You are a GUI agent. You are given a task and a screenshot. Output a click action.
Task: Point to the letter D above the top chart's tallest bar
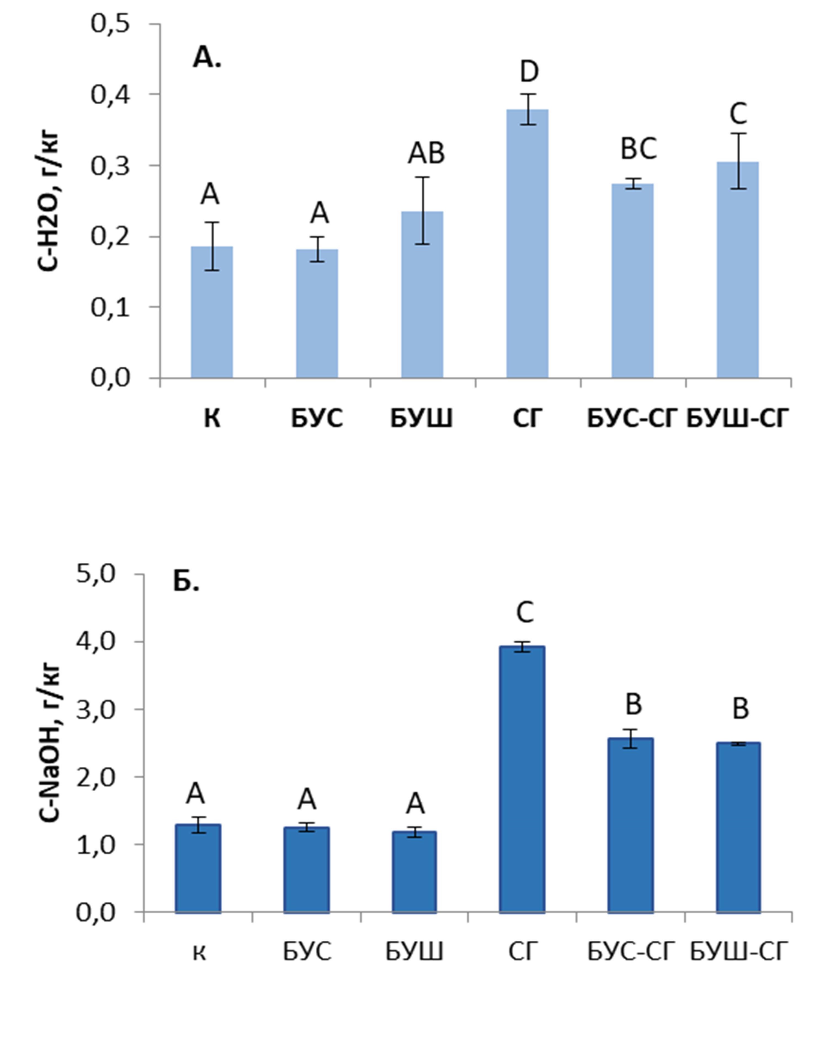pyautogui.click(x=529, y=72)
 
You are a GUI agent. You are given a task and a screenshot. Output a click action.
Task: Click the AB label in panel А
pyautogui.click(x=426, y=154)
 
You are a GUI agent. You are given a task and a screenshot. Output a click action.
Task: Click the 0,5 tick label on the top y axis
pyautogui.click(x=111, y=24)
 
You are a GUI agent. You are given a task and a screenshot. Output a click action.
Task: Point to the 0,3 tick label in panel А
pyautogui.click(x=111, y=166)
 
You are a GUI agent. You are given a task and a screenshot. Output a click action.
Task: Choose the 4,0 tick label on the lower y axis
pyautogui.click(x=96, y=642)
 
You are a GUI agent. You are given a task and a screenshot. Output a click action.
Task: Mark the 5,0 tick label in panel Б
pyautogui.click(x=96, y=575)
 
